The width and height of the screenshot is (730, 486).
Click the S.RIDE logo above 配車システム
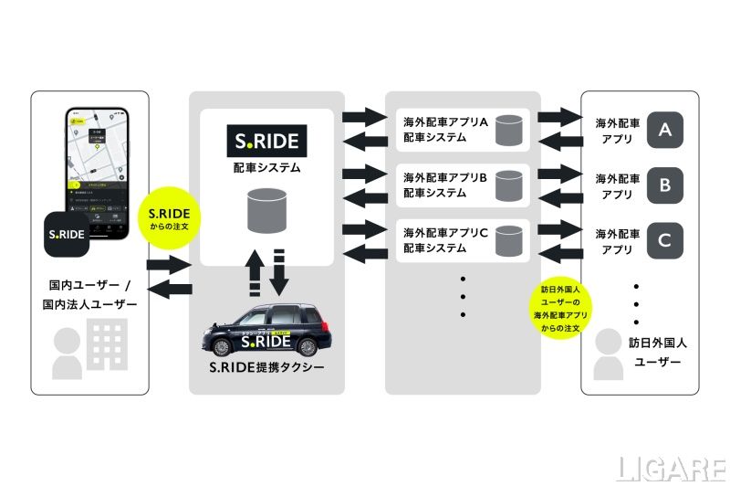tap(266, 143)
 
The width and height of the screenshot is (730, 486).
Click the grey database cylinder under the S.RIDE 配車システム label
tap(266, 213)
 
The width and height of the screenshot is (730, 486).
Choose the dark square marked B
tap(665, 186)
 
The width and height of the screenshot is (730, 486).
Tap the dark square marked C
tap(665, 241)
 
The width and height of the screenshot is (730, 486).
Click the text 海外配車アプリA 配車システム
tap(446, 130)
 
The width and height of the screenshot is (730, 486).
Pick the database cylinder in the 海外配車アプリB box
tap(507, 186)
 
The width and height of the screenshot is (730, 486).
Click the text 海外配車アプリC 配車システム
tap(446, 240)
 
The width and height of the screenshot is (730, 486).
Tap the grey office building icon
tap(104, 344)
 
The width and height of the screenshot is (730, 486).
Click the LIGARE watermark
tap(672, 468)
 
